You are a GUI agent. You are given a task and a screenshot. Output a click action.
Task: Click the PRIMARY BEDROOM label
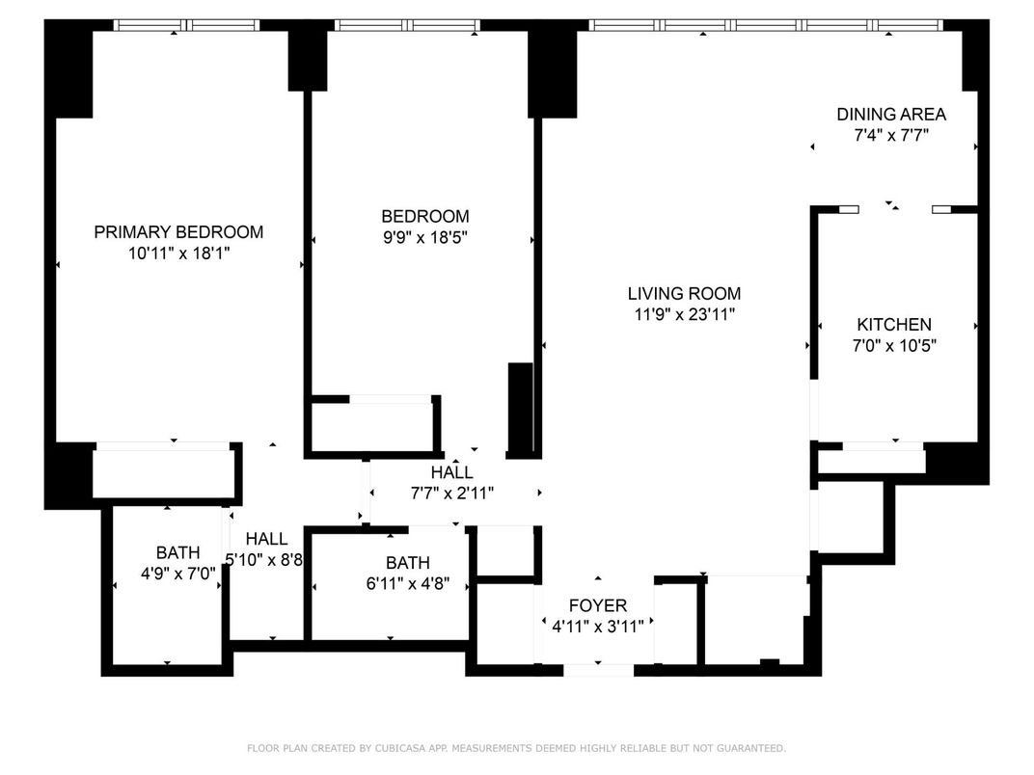click(x=178, y=232)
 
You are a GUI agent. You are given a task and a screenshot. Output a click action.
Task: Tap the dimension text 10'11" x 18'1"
click(x=178, y=254)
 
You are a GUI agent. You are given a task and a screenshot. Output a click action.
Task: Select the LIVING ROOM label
click(x=684, y=293)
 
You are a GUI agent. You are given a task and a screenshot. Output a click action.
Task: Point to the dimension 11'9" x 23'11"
click(x=684, y=314)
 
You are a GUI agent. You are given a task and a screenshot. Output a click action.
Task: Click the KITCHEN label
click(x=894, y=325)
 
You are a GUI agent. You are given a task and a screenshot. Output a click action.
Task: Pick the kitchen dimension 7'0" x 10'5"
click(x=894, y=346)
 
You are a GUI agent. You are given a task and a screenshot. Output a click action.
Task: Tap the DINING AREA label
click(x=890, y=115)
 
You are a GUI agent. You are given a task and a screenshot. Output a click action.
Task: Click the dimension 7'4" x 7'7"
click(x=890, y=136)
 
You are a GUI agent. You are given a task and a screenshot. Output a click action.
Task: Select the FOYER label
click(x=597, y=605)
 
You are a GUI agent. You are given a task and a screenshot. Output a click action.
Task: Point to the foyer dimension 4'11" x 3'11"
click(x=597, y=625)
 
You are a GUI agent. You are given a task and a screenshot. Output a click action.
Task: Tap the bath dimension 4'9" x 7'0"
click(x=177, y=574)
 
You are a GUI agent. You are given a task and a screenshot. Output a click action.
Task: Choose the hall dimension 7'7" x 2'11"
click(x=451, y=494)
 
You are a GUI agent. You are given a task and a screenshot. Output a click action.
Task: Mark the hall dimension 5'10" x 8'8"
click(x=265, y=560)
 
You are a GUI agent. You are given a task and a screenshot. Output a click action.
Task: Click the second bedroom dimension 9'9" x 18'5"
click(x=424, y=237)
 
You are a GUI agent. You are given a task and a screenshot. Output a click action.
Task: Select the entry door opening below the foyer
click(x=598, y=669)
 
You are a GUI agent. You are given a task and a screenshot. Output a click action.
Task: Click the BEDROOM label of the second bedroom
click(x=424, y=217)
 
